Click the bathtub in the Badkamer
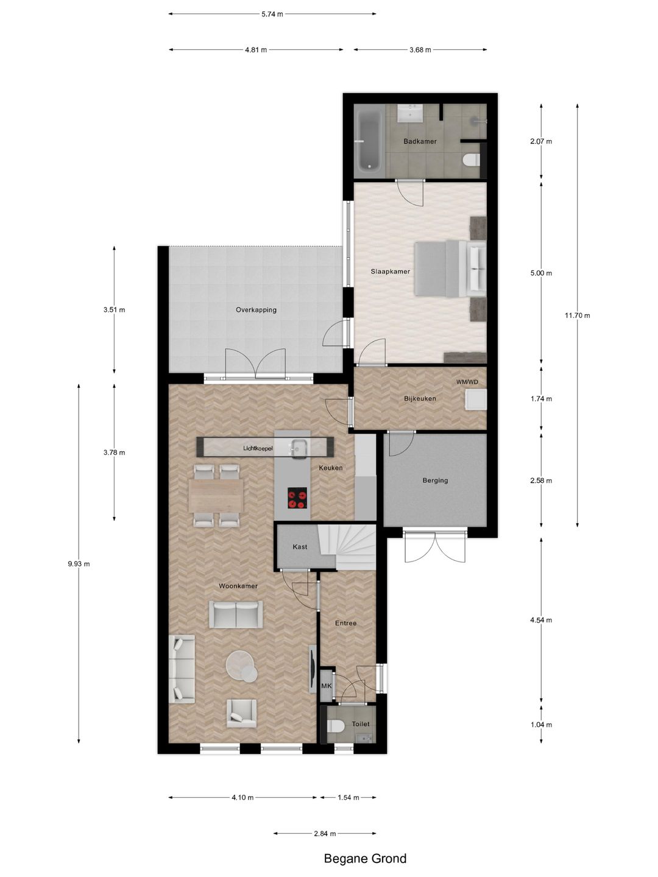tap(369, 141)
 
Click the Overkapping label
tap(256, 310)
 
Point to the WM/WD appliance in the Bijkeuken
tap(475, 400)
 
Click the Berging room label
tap(435, 481)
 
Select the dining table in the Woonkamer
tap(216, 495)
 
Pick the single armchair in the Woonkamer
tap(242, 713)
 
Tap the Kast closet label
tap(300, 547)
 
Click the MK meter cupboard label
tap(327, 686)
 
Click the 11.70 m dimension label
tap(577, 315)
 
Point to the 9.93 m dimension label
tap(79, 564)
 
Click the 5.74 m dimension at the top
tap(272, 14)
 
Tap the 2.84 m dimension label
tap(325, 834)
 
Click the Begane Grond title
tap(365, 859)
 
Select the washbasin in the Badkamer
tap(410, 113)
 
